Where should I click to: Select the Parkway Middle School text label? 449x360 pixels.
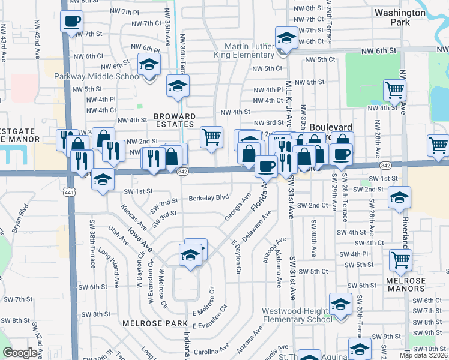point(98,76)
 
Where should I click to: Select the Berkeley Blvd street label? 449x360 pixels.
point(209,197)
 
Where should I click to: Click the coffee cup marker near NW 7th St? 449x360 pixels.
point(71,23)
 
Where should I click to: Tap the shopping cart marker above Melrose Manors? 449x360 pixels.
point(400,260)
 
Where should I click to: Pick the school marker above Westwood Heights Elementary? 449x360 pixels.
point(340,304)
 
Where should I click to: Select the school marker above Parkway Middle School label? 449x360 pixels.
point(149,65)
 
